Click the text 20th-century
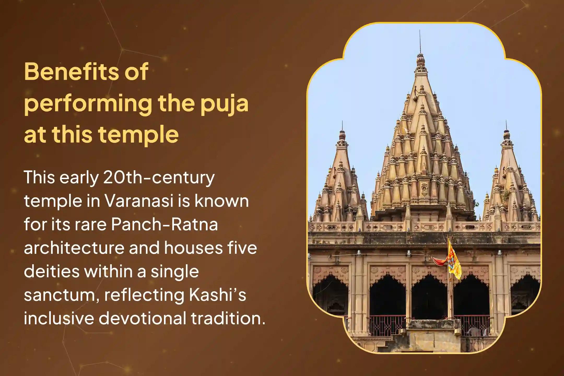[159, 178]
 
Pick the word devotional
[142, 319]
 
